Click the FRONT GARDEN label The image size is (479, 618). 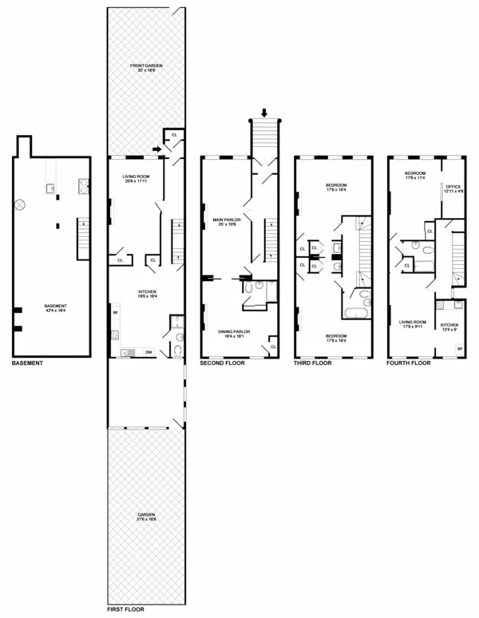(x=147, y=66)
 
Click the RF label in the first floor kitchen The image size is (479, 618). (x=116, y=313)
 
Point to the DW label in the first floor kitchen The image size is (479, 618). (x=149, y=352)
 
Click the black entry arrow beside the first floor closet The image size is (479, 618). (x=155, y=148)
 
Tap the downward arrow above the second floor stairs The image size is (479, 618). (x=265, y=113)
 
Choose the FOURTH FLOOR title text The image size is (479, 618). (x=408, y=363)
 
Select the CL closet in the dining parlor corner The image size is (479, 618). (x=274, y=347)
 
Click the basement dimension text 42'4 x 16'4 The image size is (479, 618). (x=54, y=311)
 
